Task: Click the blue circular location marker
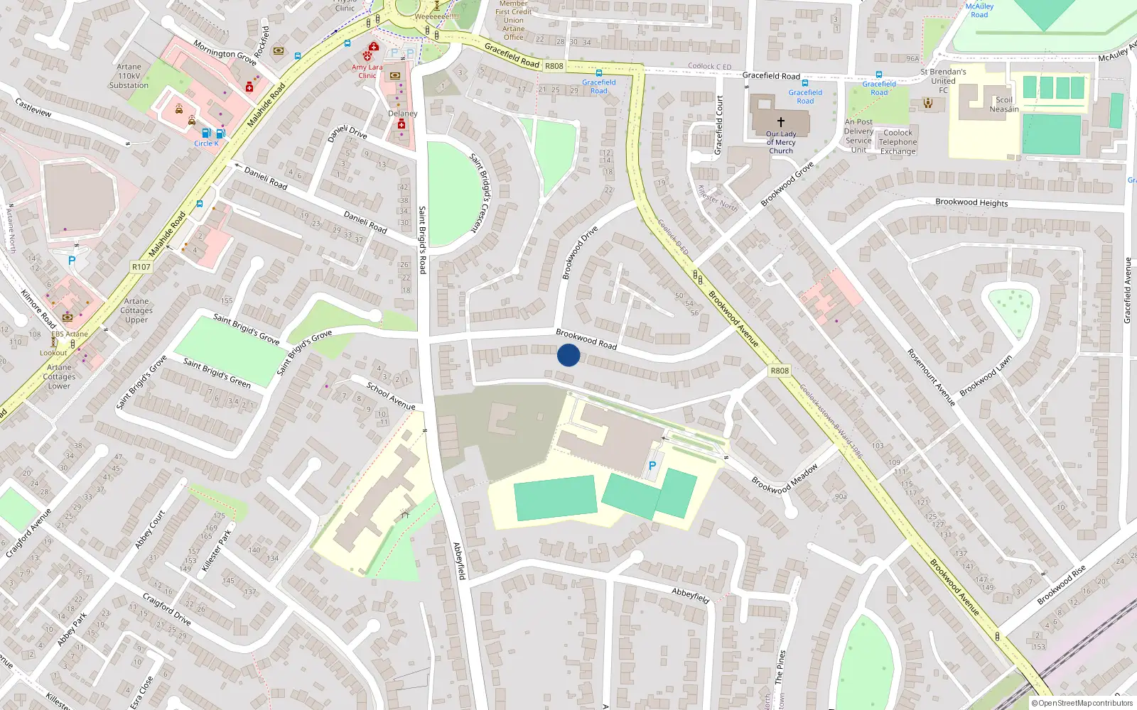(x=568, y=355)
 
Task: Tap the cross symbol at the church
(x=781, y=122)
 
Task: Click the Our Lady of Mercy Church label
(x=781, y=142)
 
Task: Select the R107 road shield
(x=141, y=267)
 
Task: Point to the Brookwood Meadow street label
(x=785, y=479)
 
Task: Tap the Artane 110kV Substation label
(x=129, y=76)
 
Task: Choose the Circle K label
(x=206, y=143)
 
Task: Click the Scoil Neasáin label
(x=1004, y=104)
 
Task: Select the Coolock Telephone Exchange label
(x=898, y=142)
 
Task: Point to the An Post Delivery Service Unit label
(x=858, y=136)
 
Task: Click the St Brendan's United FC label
(x=943, y=81)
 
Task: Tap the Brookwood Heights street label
(x=971, y=202)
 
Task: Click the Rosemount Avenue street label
(x=930, y=377)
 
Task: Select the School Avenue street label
(x=391, y=395)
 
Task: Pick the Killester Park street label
(x=216, y=550)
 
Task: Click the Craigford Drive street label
(x=166, y=609)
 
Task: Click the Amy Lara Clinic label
(x=367, y=72)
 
